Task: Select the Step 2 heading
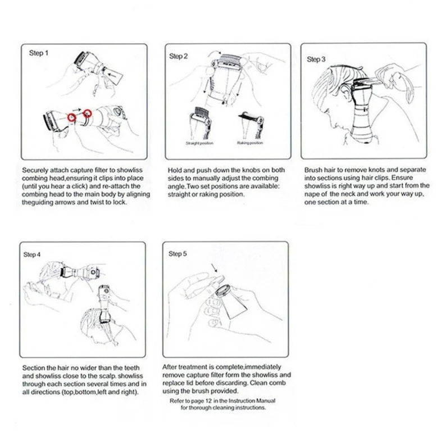tap(178, 56)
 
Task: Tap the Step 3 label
tap(316, 58)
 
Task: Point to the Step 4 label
tap(31, 254)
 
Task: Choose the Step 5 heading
tap(178, 254)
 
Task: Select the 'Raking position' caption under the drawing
tap(249, 143)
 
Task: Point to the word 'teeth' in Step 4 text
tap(127, 366)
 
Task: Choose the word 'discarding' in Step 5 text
tap(222, 383)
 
